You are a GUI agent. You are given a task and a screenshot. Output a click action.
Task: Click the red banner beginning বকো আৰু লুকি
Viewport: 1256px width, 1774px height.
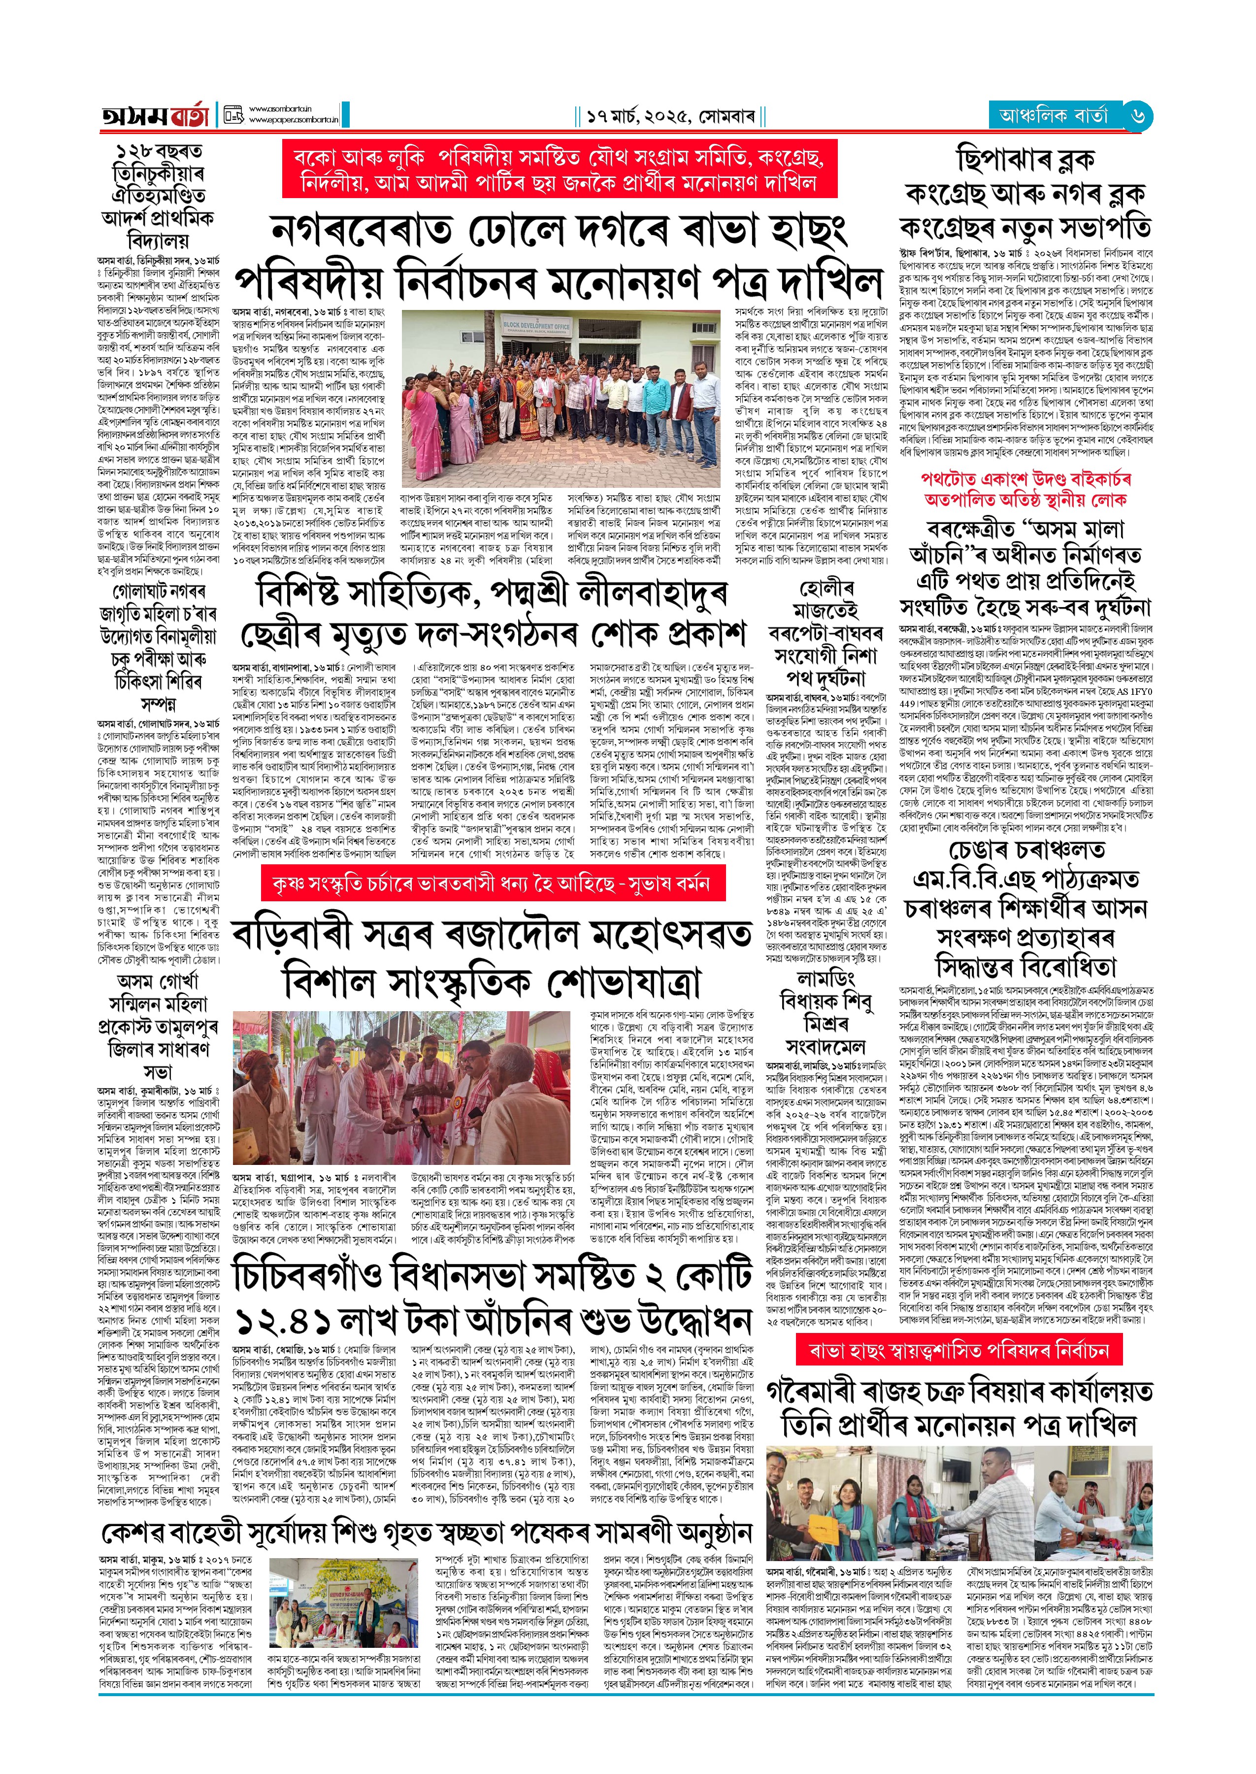[x=559, y=170]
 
